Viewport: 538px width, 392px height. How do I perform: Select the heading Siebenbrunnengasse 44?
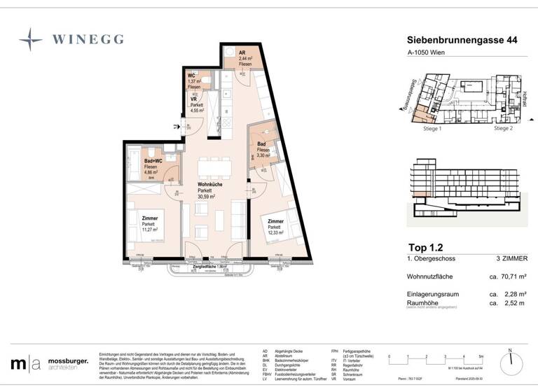coord(462,42)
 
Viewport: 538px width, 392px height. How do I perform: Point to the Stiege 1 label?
coord(432,129)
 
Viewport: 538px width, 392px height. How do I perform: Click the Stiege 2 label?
coord(503,129)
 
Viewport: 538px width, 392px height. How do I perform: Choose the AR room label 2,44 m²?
coord(244,58)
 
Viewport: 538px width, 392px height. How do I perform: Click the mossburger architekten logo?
coord(49,363)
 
